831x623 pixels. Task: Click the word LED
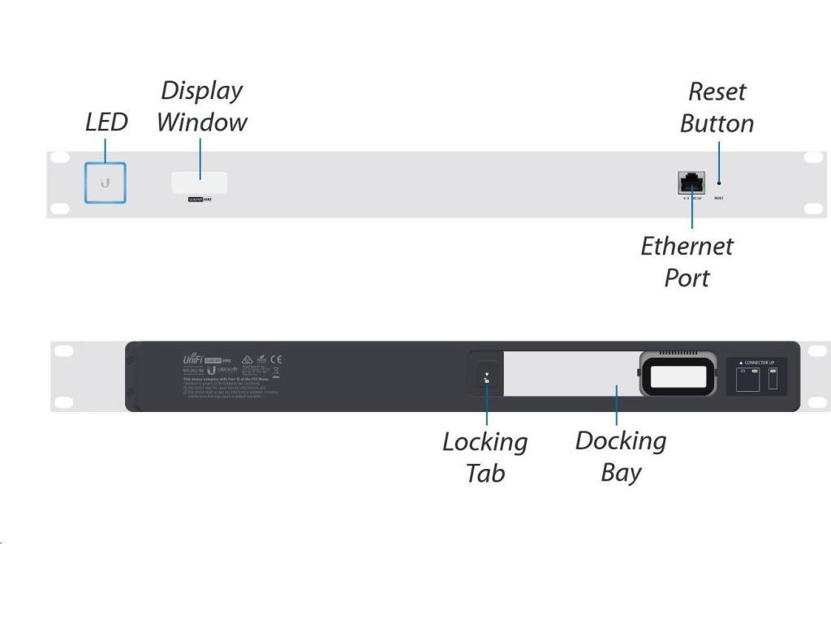point(106,122)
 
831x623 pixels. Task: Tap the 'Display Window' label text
point(201,106)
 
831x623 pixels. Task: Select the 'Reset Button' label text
point(717,107)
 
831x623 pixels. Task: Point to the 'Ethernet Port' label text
point(687,261)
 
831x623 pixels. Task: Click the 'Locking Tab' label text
point(484,457)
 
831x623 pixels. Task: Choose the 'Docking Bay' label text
point(621,456)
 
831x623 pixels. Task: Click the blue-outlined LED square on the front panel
point(105,182)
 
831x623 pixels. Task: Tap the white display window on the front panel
point(199,182)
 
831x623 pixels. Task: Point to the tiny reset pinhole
point(719,183)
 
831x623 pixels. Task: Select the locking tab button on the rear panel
point(486,377)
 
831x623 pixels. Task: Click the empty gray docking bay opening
point(568,374)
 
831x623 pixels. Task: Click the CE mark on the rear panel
point(276,359)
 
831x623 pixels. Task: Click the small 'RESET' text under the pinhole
point(719,198)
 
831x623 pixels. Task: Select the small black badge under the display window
point(200,198)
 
